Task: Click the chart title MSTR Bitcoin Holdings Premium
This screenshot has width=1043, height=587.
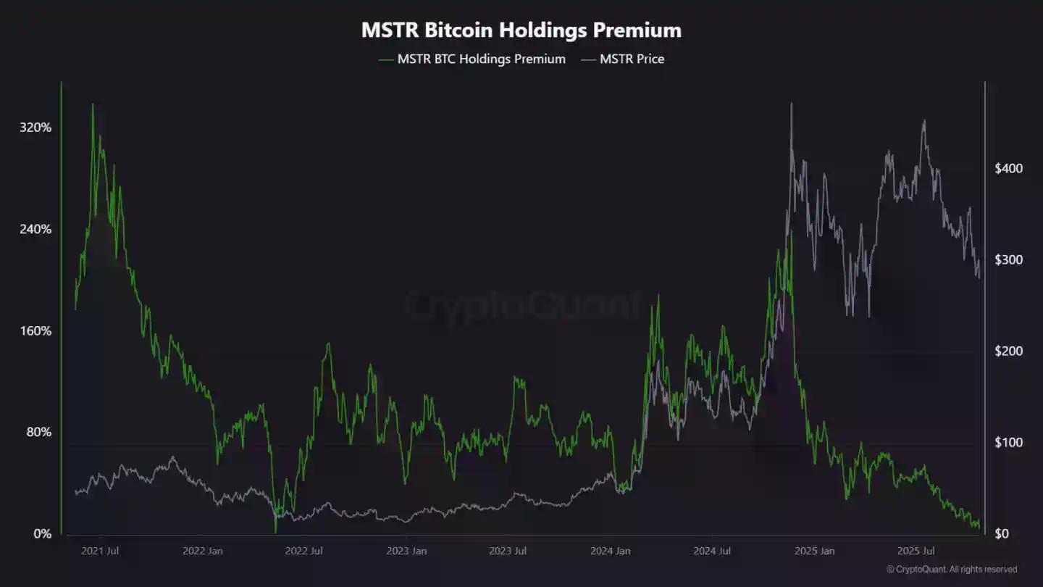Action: [521, 30]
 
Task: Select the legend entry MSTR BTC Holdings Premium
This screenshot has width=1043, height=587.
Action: [481, 59]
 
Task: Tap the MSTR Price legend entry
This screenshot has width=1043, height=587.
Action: [632, 59]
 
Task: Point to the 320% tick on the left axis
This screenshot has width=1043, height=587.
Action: [36, 128]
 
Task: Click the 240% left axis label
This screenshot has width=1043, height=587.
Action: [36, 229]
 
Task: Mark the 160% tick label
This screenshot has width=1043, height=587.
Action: [36, 331]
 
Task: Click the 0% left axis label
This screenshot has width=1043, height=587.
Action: [43, 534]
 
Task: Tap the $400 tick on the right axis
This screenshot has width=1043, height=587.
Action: [1008, 168]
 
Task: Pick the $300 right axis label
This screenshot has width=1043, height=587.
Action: [1008, 259]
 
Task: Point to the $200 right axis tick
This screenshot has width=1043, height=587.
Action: [1008, 351]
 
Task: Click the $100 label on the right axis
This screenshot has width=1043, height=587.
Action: [1008, 442]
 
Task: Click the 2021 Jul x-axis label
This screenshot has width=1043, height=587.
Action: [100, 551]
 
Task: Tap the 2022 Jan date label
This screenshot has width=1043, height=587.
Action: [203, 551]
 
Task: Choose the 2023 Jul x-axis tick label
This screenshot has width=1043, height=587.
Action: [507, 551]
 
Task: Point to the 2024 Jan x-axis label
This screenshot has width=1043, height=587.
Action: [610, 551]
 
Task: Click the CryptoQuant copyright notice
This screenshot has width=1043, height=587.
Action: [952, 570]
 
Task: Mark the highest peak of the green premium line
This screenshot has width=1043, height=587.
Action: [92, 104]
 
